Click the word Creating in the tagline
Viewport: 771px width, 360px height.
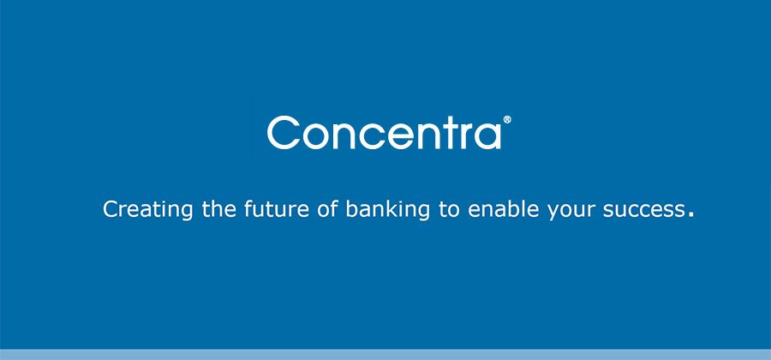click(x=148, y=210)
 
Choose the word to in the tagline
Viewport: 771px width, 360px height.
click(x=449, y=210)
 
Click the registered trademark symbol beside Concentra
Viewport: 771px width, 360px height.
click(x=507, y=119)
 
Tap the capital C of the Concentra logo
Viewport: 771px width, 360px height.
click(x=284, y=132)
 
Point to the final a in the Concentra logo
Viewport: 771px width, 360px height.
click(x=489, y=137)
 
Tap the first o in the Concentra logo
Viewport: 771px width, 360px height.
click(x=315, y=137)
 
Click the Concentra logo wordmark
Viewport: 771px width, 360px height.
click(x=385, y=132)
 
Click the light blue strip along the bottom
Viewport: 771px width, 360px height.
click(x=385, y=355)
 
